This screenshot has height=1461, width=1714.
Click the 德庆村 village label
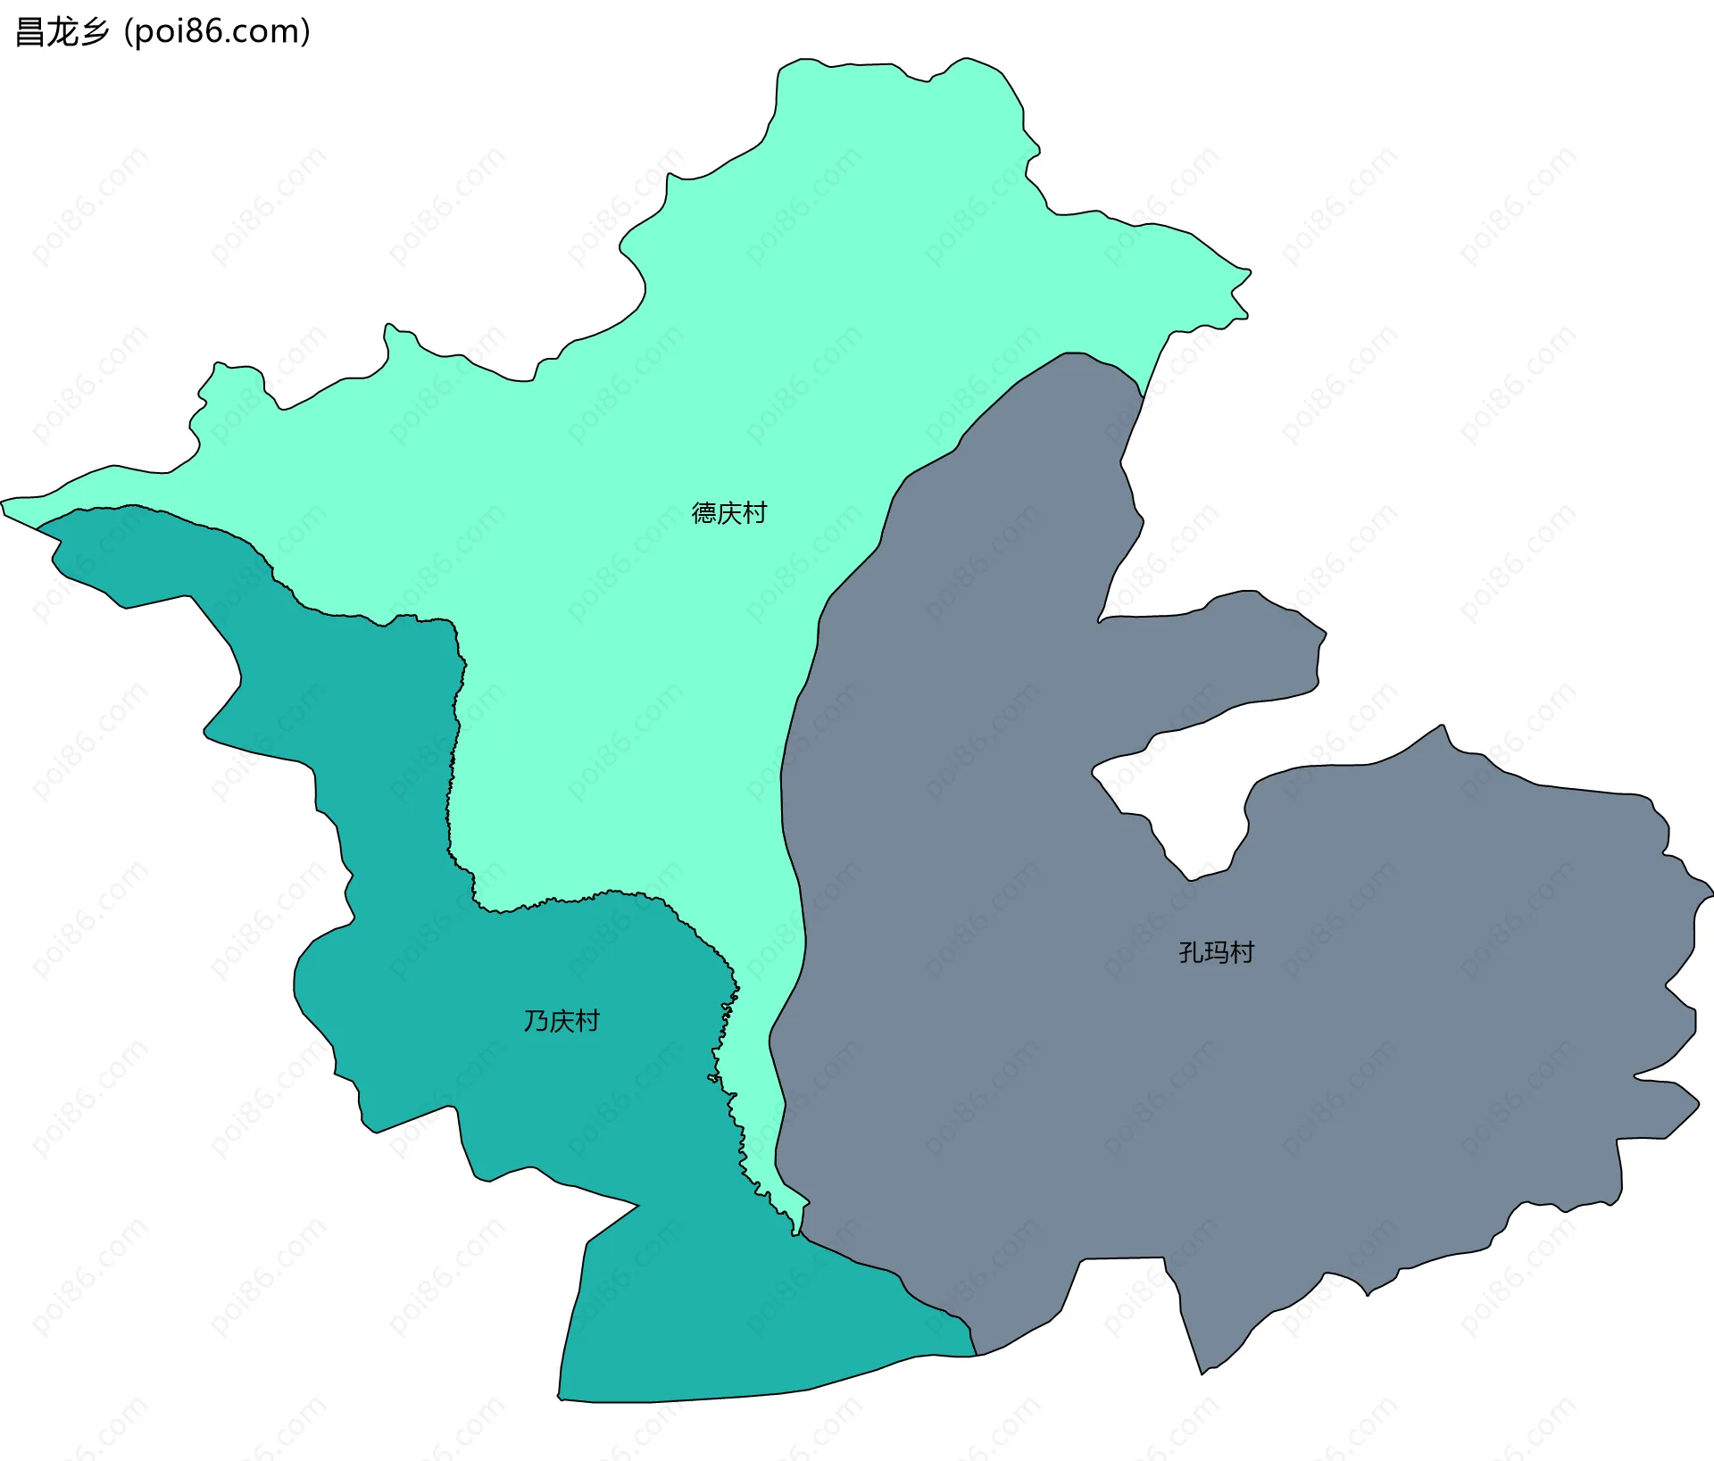click(x=728, y=513)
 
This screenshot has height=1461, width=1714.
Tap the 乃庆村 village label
click(x=561, y=1021)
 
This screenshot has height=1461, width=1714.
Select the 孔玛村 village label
click(x=1216, y=952)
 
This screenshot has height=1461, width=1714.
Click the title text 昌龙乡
click(x=62, y=32)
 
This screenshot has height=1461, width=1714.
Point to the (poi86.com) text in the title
click(x=217, y=32)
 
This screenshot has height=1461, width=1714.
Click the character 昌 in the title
click(x=30, y=32)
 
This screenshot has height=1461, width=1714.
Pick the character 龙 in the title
click(x=62, y=32)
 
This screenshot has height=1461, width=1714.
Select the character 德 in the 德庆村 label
click(x=704, y=513)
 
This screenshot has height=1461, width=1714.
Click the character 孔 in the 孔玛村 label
click(x=1191, y=952)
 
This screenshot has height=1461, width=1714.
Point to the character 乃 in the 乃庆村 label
click(x=536, y=1021)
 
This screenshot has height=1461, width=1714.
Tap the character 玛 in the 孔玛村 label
click(x=1216, y=952)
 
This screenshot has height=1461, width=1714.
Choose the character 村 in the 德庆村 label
click(x=754, y=513)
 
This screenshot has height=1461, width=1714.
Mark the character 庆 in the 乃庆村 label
click(x=562, y=1021)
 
